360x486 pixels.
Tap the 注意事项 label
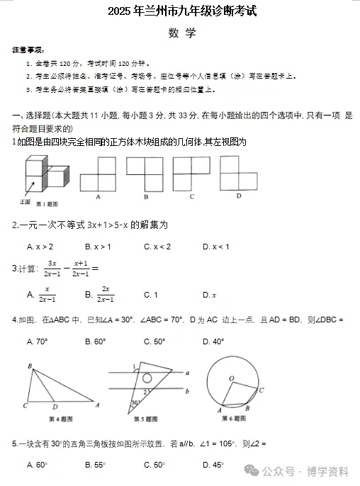point(28,51)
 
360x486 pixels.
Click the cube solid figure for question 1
point(45,174)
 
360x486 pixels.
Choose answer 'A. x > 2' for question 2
point(40,247)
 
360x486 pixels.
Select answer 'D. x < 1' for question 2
point(215,247)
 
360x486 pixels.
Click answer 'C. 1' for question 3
point(150,295)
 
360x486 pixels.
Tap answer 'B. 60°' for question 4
point(95,341)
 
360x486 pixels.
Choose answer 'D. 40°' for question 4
point(213,341)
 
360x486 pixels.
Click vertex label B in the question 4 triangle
point(29,366)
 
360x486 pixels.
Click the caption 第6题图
point(238,419)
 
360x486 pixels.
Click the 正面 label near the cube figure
point(25,202)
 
